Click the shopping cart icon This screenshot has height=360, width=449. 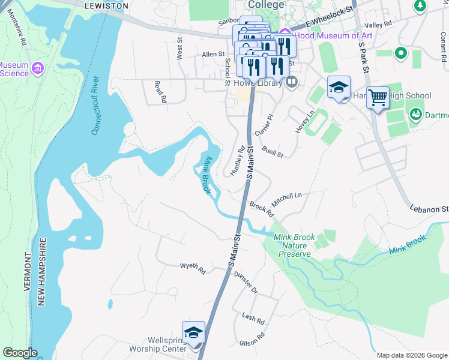(378, 97)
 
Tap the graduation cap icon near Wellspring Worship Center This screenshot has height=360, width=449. (194, 332)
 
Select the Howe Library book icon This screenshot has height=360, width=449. (292, 82)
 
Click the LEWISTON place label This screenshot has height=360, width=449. (107, 5)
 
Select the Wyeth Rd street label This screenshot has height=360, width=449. (193, 268)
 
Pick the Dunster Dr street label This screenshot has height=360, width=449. (246, 282)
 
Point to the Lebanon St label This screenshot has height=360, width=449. (429, 209)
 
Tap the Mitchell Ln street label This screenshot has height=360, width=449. (287, 196)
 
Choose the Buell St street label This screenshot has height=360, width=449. (272, 153)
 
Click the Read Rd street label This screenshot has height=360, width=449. (159, 92)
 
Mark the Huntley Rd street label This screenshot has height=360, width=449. (238, 160)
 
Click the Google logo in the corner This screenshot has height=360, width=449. (20, 353)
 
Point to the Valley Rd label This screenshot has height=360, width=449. (378, 25)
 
